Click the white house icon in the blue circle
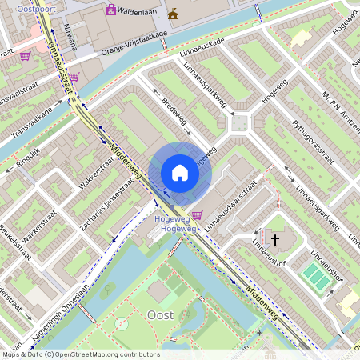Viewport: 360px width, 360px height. coord(180,172)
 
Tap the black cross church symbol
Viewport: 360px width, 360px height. coord(275,239)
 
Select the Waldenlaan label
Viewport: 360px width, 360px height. coord(140,11)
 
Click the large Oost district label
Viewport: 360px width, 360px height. coord(161,315)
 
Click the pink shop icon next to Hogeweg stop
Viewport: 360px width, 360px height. coord(198,214)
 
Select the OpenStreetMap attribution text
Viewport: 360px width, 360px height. coord(81,354)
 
